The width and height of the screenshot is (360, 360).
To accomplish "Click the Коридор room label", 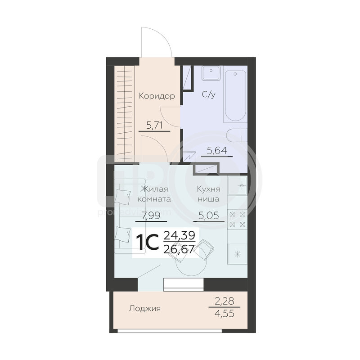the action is click(157, 96).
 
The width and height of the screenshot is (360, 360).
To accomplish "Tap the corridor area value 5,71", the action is click(154, 126).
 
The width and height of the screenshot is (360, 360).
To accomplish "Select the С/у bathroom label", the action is click(208, 94).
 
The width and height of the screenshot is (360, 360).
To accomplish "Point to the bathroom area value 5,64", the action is click(217, 151).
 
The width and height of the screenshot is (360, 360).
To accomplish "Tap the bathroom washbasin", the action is click(211, 73).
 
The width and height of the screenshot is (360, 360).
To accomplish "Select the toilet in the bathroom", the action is click(237, 135).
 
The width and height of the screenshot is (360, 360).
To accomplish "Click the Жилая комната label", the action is click(154, 194).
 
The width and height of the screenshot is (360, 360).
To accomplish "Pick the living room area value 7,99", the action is click(151, 216).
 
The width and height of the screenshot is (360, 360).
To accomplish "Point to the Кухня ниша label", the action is click(208, 194).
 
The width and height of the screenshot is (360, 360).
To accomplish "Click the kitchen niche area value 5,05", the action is click(208, 216).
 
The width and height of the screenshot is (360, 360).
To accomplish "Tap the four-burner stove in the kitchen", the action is click(238, 219).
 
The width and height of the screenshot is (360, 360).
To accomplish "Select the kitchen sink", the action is click(238, 185).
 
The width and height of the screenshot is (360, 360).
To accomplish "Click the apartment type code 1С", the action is click(147, 242).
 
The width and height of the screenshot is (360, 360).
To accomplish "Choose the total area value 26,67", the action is click(179, 249).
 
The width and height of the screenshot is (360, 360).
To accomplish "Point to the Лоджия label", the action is click(144, 308).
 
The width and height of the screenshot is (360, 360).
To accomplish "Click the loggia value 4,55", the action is click(224, 313).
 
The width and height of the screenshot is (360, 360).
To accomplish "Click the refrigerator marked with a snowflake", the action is click(238, 254).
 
